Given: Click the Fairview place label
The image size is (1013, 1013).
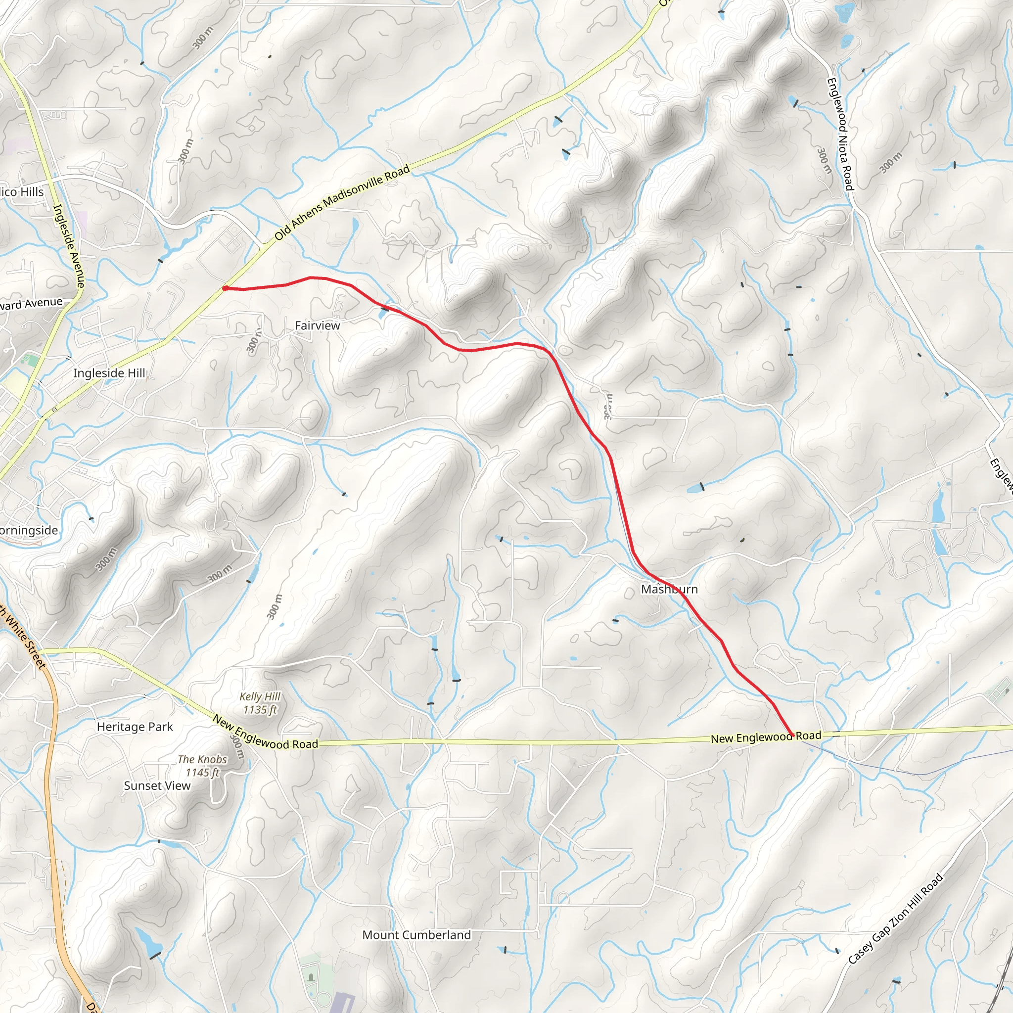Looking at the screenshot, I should click(317, 325).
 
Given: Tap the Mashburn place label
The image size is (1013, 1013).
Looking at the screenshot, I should click(669, 589).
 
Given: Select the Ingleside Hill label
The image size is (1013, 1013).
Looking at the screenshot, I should click(109, 373).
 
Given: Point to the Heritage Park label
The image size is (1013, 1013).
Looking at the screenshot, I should click(135, 727).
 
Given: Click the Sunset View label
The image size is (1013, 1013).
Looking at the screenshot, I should click(157, 785).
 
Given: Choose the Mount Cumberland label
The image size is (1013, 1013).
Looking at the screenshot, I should click(416, 935).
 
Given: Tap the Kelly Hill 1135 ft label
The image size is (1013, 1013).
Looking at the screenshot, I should click(260, 703).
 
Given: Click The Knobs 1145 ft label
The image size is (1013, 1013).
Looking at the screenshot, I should click(202, 766).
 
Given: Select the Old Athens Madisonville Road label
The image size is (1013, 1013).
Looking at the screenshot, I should click(342, 203).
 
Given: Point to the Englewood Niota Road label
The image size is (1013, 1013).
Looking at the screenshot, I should click(840, 134).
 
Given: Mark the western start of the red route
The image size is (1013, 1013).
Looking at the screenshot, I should click(225, 288).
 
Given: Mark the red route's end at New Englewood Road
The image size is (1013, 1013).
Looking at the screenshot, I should click(792, 735).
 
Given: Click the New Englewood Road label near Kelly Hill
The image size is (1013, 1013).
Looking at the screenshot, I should click(265, 733).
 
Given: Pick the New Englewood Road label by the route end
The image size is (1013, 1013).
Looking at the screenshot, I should click(766, 737).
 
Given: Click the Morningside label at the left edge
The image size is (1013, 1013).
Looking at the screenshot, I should click(29, 531).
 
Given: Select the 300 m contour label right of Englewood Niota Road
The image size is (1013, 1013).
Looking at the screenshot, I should click(891, 163).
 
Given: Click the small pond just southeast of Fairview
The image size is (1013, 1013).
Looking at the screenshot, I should click(384, 312).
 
